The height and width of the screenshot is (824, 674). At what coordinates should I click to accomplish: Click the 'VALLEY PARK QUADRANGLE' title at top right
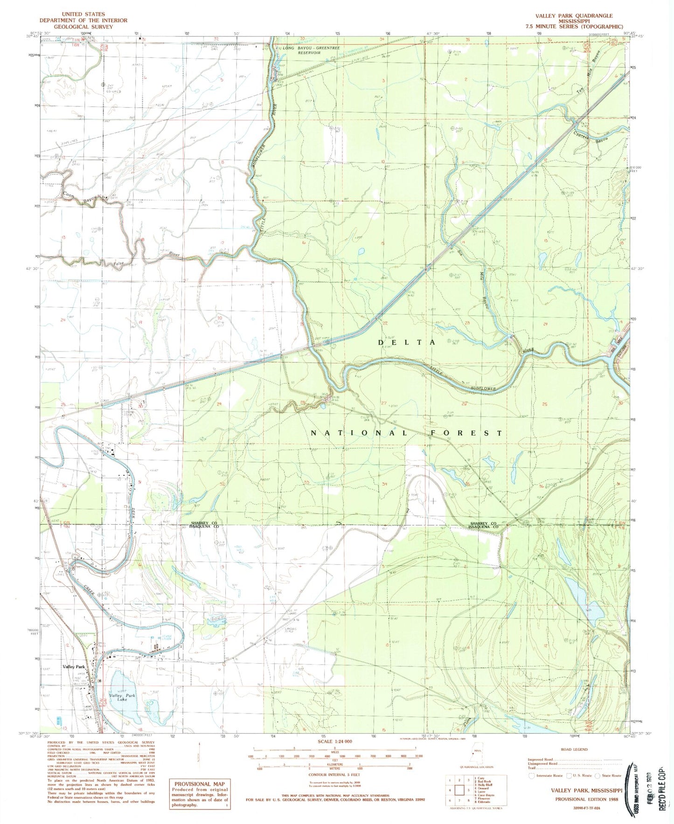click(574, 15)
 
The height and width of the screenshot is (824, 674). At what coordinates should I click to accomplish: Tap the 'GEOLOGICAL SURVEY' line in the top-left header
click(83, 27)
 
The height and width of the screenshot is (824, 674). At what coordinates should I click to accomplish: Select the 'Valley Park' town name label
click(75, 667)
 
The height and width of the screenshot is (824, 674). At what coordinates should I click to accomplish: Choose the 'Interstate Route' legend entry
click(548, 776)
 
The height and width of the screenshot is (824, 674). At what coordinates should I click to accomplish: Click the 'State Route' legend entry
click(610, 776)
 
